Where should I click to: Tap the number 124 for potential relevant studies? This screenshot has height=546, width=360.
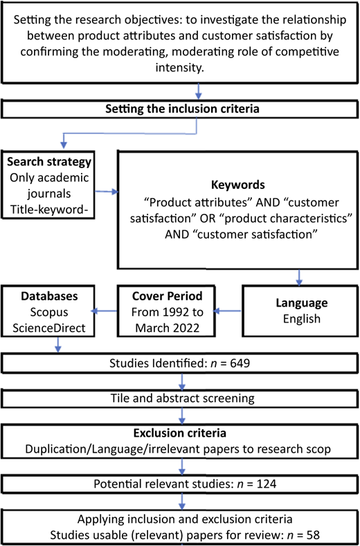pos(266,484)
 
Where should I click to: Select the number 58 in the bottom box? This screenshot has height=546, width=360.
pos(313,534)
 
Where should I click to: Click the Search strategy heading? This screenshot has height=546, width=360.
pos(49,162)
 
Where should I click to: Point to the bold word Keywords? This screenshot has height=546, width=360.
pos(238,185)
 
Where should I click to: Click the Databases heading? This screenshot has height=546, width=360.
pos(49,296)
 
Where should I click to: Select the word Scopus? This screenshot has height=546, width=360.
pos(48,312)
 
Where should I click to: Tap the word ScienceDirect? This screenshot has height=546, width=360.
pos(48,328)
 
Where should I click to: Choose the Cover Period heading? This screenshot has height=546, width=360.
pos(168,296)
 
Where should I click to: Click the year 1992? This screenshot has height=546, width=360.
pos(172,312)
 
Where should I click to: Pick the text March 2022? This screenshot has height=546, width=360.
pos(168,328)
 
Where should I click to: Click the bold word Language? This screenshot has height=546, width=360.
pos(302,302)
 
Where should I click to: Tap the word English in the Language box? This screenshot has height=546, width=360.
pos(302,319)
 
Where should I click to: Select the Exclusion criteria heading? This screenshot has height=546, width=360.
pos(180,433)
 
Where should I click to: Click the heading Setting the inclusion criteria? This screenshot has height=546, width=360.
pos(182,109)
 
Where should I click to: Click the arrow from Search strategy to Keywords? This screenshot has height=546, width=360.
pos(107,191)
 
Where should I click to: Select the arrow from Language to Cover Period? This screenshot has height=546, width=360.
pos(227,311)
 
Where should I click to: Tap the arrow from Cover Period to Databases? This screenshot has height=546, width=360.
pos(104,311)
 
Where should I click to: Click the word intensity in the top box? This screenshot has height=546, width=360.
pos(179,68)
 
